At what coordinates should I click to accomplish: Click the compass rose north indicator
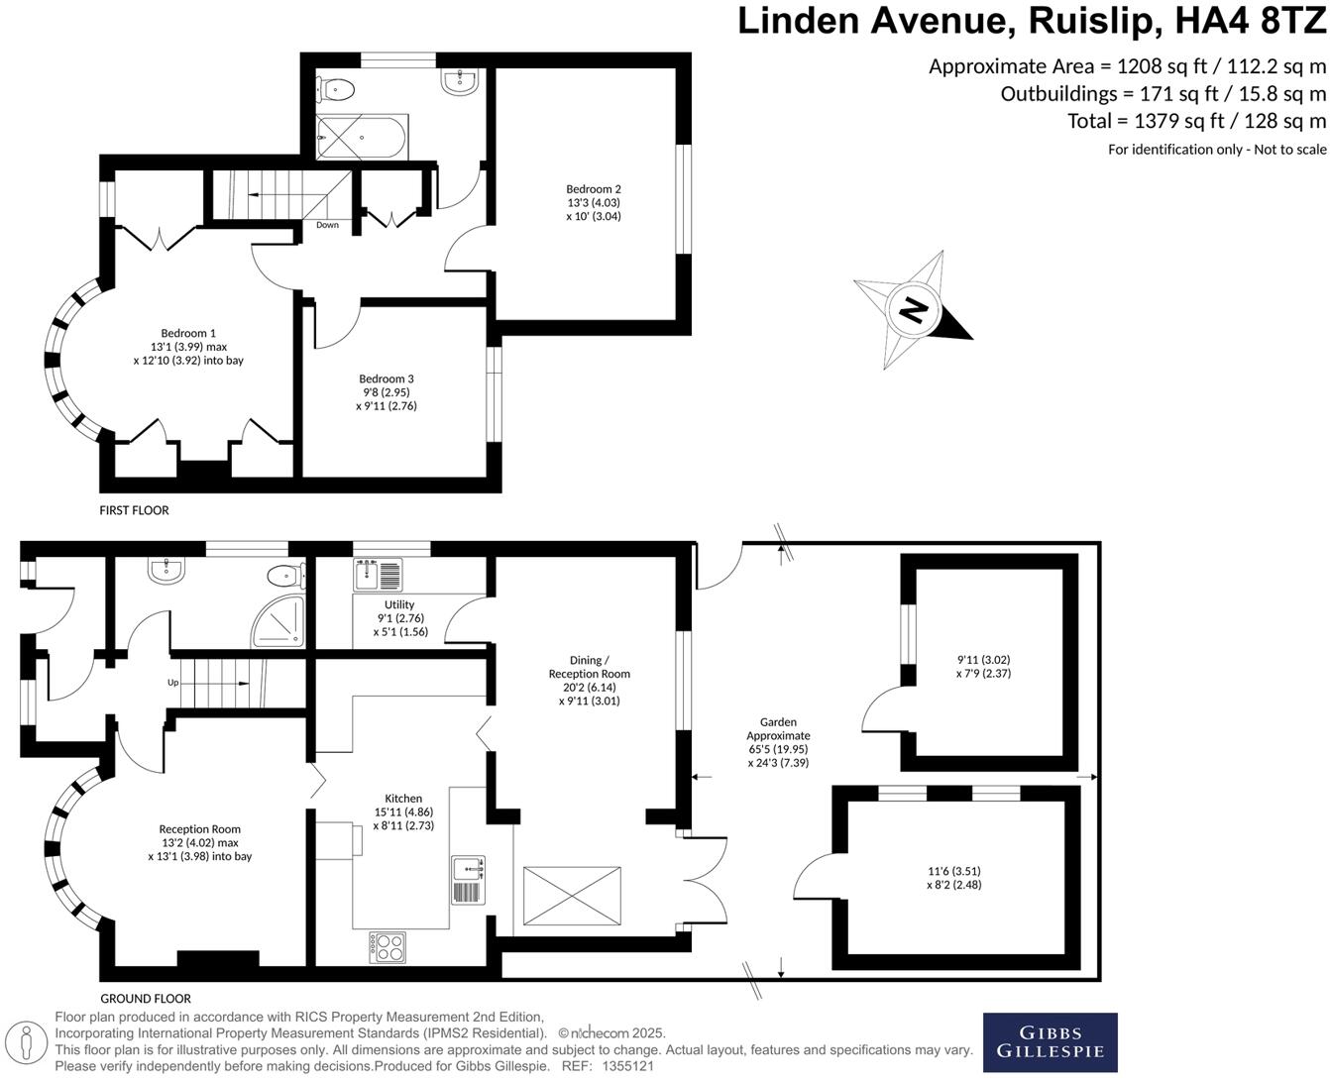click(913, 310)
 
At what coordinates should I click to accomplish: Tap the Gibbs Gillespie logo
click(1050, 1042)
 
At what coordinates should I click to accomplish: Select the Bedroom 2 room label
click(594, 202)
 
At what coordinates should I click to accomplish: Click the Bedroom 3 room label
click(387, 391)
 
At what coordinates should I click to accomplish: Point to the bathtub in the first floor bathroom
click(360, 138)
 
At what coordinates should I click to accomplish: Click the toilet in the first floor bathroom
click(337, 89)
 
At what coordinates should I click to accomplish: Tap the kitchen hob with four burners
click(388, 947)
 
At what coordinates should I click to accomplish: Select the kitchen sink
click(468, 869)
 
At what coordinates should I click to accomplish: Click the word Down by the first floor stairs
click(327, 225)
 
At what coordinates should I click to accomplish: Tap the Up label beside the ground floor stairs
click(172, 683)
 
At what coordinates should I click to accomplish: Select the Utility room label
click(400, 617)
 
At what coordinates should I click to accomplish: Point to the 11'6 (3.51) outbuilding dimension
click(953, 878)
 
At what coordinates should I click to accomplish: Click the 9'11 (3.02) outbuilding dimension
click(983, 666)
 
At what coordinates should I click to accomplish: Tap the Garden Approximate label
click(778, 742)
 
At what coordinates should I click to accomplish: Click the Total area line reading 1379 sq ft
click(1195, 121)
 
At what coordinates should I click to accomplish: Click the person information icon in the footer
click(28, 1042)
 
